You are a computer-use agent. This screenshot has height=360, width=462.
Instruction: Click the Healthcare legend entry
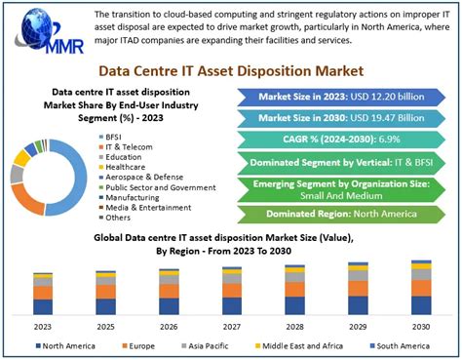(128, 167)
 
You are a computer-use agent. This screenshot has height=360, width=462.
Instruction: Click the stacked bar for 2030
(421, 287)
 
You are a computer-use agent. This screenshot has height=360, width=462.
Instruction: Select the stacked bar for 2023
(42, 293)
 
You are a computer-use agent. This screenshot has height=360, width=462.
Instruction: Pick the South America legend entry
(400, 346)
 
